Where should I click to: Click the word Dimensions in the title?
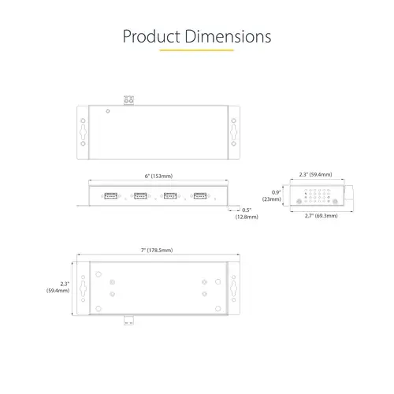tap(227, 36)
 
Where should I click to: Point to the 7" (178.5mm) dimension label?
tap(156, 250)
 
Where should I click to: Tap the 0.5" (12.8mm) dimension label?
tap(246, 213)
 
